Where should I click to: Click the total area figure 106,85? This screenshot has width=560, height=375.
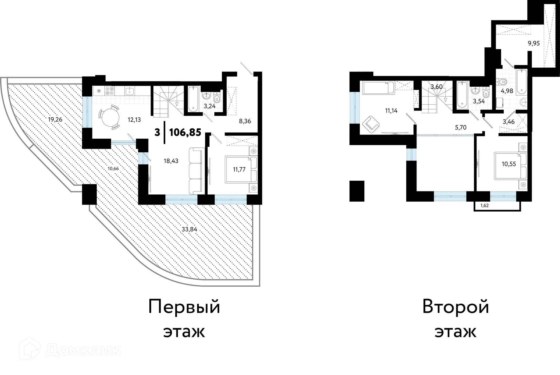click(185, 132)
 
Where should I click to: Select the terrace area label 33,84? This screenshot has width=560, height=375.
click(189, 229)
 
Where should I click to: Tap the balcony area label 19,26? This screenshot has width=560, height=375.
click(55, 119)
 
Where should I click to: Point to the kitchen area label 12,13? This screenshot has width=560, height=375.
click(134, 120)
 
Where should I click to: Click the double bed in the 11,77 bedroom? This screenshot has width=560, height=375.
click(241, 169)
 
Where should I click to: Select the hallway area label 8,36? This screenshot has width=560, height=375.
click(245, 121)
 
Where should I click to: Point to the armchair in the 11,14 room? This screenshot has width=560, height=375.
click(370, 124)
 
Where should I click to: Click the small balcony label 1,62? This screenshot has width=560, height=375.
click(484, 206)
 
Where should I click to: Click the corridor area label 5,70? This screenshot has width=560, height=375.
click(461, 127)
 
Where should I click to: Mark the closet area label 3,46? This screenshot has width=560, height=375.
click(509, 122)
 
